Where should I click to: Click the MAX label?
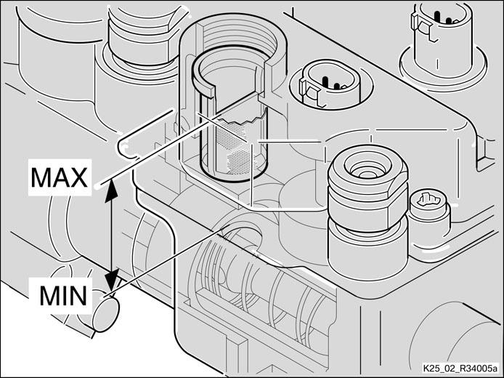59,177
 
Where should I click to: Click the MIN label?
63,296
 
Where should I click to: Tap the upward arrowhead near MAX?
111,190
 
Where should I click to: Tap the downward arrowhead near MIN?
112,280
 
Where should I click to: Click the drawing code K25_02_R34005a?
460,368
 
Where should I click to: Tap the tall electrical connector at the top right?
442,39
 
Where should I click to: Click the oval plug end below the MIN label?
106,314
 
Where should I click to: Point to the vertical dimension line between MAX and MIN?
111,235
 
